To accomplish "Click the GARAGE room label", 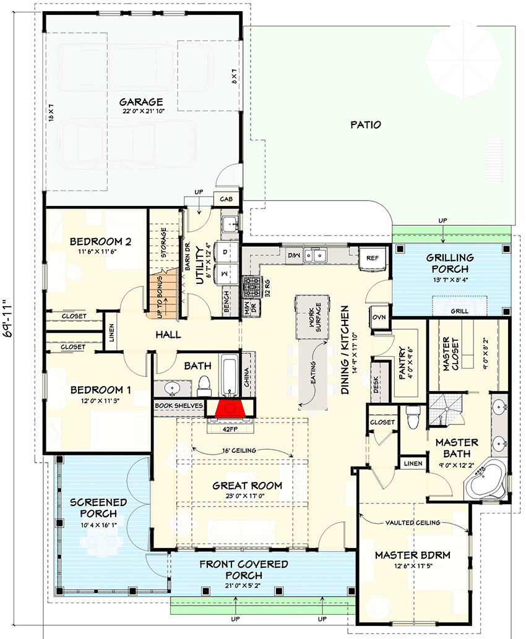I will (141, 102).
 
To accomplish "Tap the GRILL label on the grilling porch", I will (460, 311).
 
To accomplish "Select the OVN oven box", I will (379, 317).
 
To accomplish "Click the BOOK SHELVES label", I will (179, 405).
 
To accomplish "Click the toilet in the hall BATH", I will (204, 386).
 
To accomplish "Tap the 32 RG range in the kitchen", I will (252, 288).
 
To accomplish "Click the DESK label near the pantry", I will (376, 387).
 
